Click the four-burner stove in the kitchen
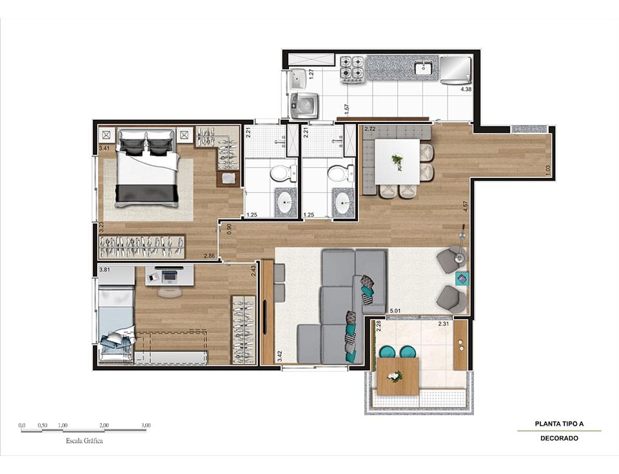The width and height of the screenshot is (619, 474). click(x=352, y=69)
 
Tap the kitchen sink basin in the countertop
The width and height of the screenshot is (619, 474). click(x=423, y=68)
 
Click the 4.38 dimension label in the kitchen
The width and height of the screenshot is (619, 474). click(x=466, y=89)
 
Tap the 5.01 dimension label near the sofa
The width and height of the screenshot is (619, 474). click(x=395, y=311)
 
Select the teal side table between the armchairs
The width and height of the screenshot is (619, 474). click(x=461, y=279)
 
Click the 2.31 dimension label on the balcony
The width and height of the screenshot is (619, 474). click(x=444, y=324)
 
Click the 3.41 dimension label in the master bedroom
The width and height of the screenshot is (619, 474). click(x=104, y=149)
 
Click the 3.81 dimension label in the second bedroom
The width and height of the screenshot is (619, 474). click(x=104, y=270)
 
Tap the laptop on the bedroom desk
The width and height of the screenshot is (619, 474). click(x=170, y=276)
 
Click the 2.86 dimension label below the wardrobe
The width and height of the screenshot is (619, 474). click(x=209, y=257)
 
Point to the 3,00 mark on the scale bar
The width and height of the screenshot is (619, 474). click(x=146, y=426)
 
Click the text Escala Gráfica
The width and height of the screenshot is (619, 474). click(x=84, y=442)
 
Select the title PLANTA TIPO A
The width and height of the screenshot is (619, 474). click(x=559, y=424)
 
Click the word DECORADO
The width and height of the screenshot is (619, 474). click(x=559, y=439)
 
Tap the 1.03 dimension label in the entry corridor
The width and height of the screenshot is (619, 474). click(x=547, y=169)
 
